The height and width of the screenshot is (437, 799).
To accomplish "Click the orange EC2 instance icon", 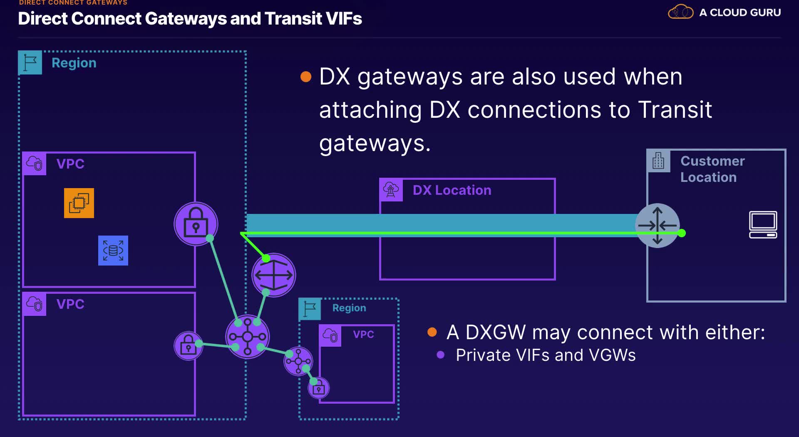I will click(79, 203).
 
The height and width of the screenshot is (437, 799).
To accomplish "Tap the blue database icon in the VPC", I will click(113, 251).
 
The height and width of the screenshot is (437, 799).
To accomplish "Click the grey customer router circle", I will click(658, 225).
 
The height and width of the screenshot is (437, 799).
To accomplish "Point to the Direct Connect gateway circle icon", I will click(274, 275).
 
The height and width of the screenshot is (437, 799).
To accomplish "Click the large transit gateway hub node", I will click(248, 336).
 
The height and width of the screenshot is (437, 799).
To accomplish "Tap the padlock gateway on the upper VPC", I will click(196, 224).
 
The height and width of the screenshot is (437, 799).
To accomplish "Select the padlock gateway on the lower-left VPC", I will click(189, 345).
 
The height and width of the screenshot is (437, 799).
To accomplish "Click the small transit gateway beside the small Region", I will click(298, 361).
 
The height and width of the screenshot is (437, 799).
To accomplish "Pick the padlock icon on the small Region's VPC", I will click(319, 388).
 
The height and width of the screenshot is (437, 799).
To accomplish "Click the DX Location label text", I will click(452, 190).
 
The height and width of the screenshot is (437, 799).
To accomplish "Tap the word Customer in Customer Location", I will click(712, 161).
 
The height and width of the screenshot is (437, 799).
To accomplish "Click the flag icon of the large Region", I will click(30, 63).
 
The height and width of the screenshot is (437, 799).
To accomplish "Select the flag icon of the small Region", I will click(310, 309).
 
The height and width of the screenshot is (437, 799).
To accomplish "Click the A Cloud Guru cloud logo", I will click(680, 12).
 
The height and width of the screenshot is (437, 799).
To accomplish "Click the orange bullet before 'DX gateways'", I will click(306, 77).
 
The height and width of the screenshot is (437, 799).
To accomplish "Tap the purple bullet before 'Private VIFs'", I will click(441, 355).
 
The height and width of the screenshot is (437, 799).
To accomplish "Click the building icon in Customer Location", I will click(658, 161).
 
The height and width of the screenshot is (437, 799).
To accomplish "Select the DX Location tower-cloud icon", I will click(391, 190).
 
